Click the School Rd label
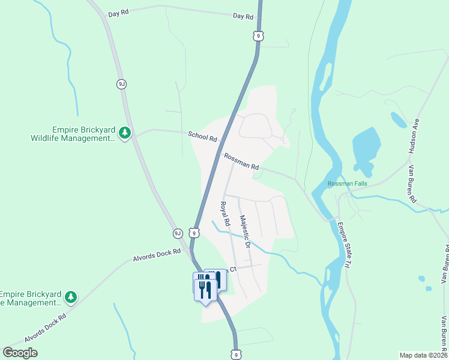[202, 136]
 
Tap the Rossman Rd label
[241, 161]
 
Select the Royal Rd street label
[224, 214]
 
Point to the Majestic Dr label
[244, 232]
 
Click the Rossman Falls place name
[347, 184]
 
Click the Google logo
[20, 353]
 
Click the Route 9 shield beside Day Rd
[258, 36]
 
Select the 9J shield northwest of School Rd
[122, 84]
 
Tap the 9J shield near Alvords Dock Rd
[177, 233]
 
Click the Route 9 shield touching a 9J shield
[193, 233]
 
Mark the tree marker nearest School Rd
[124, 132]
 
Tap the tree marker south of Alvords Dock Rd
[71, 296]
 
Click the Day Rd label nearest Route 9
[243, 17]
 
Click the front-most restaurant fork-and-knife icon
[206, 290]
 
